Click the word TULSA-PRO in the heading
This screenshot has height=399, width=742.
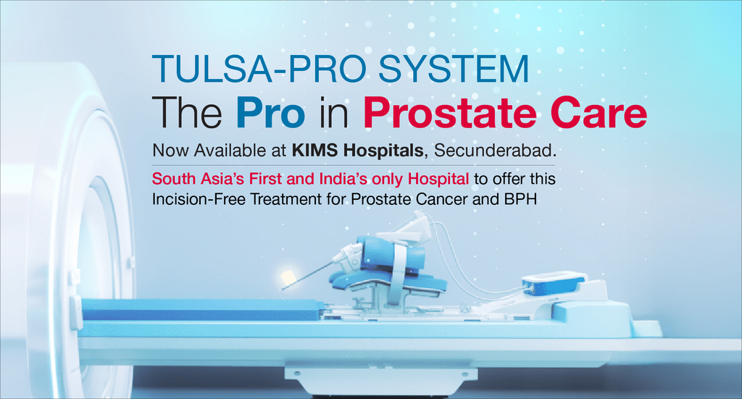pyautogui.click(x=259, y=70)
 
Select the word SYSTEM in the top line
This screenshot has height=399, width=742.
pyautogui.click(x=454, y=70)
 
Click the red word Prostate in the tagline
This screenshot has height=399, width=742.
pyautogui.click(x=450, y=114)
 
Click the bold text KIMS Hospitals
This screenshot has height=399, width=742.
pyautogui.click(x=357, y=151)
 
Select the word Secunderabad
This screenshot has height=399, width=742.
pyautogui.click(x=495, y=151)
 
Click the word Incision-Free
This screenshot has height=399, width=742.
pyautogui.click(x=199, y=199)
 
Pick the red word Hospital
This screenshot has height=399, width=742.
pyautogui.click(x=438, y=179)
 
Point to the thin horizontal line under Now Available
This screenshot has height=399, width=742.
pyautogui.click(x=354, y=165)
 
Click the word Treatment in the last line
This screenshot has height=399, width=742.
pyautogui.click(x=285, y=199)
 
